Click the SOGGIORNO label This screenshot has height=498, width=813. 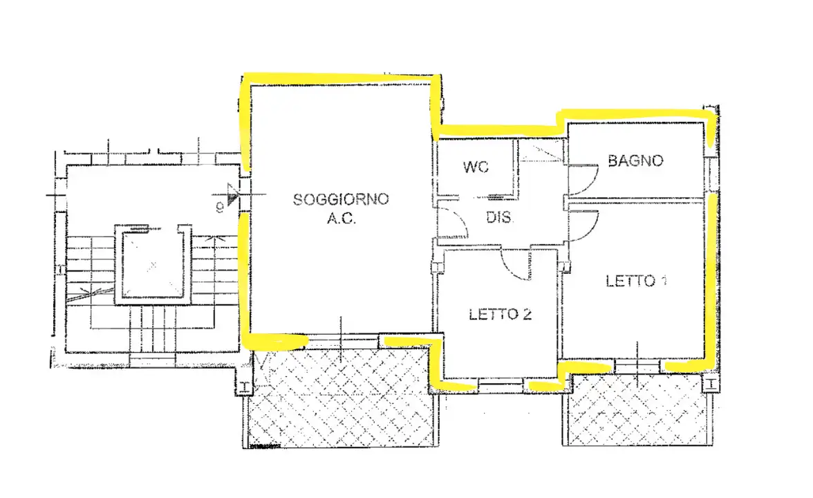341,200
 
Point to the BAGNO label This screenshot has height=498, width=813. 635,161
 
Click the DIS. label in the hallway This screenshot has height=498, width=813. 499,217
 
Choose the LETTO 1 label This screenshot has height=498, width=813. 635,282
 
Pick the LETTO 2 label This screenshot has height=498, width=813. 500,315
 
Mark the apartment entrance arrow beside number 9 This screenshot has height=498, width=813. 232,199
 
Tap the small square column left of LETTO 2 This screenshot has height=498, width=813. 436,267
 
